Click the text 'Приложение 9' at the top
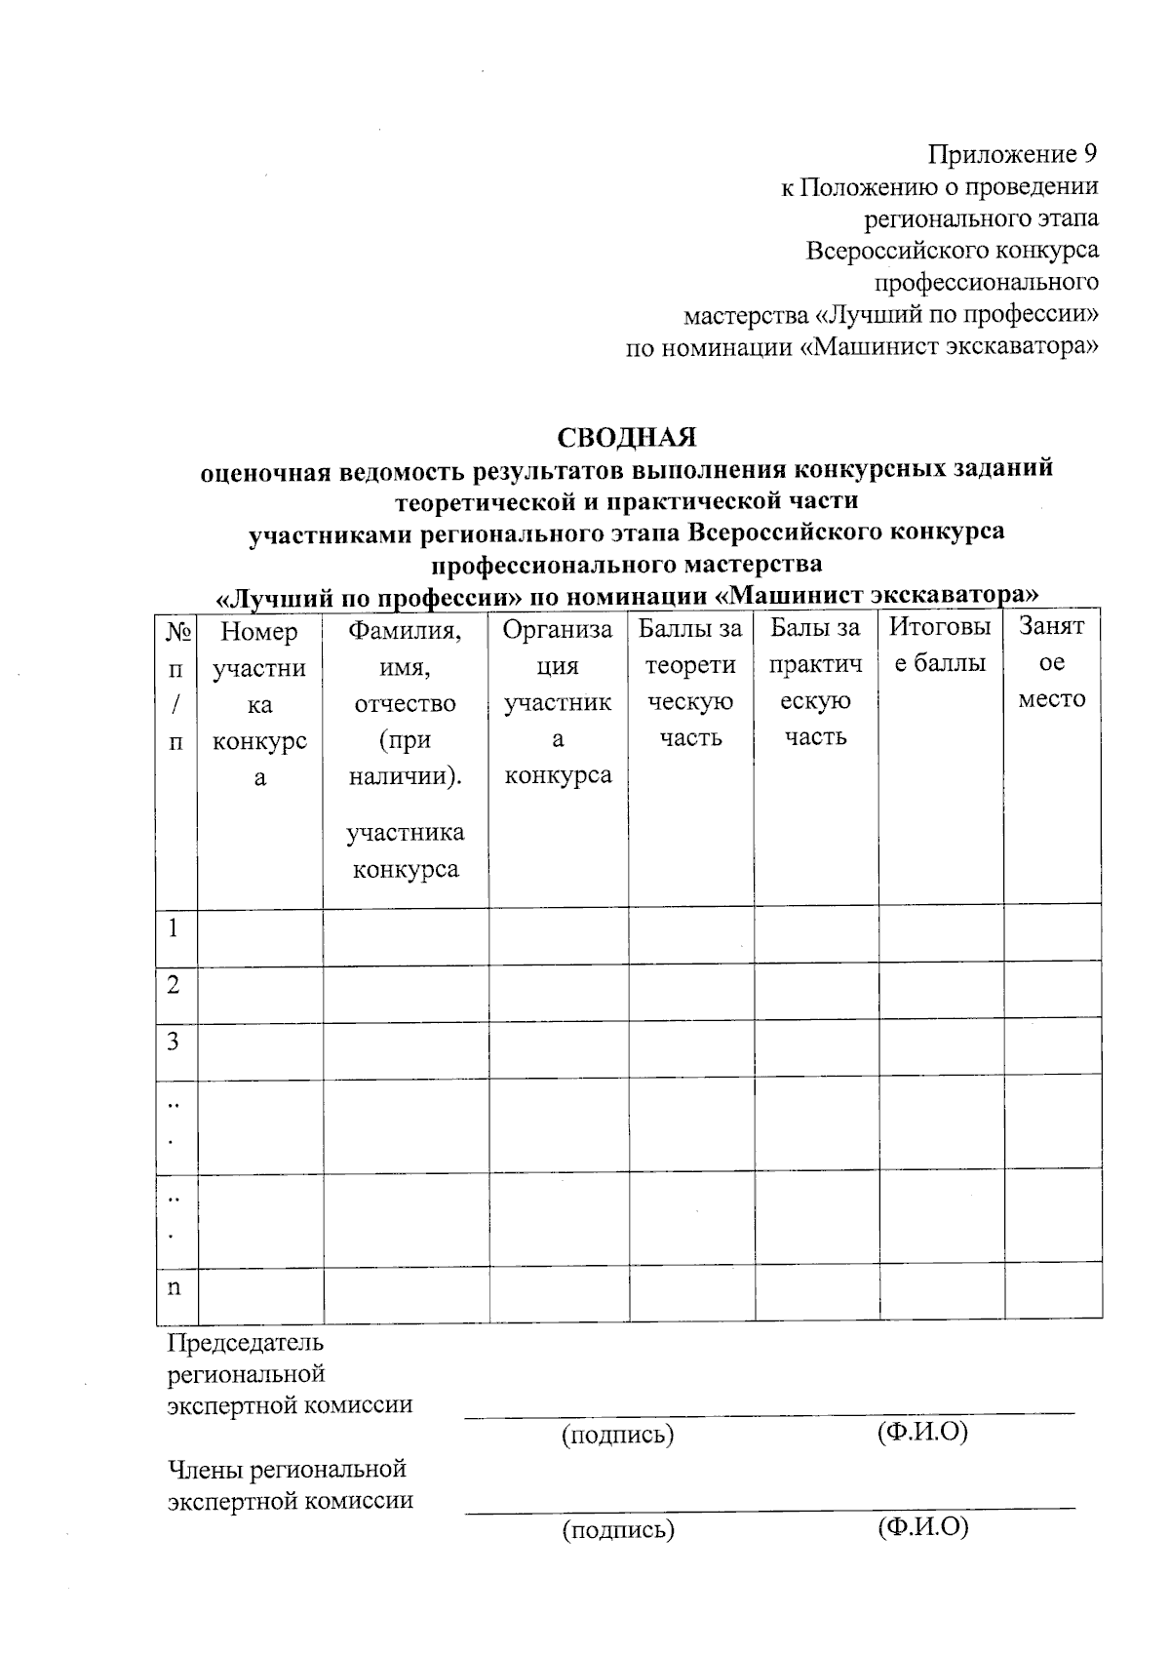1012,154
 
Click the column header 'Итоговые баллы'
940,646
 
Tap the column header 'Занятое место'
1051,663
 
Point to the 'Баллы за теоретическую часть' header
690,682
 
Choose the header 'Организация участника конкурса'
558,701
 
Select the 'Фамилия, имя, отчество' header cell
405,702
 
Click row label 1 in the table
174,927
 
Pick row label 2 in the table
174,985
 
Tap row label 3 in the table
174,1042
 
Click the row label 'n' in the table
174,1286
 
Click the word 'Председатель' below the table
246,1342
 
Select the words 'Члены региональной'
287,1468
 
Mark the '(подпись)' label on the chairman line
617,1434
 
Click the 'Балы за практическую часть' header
815,682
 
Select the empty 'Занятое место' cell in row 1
1052,933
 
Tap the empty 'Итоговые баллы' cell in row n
941,1292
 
